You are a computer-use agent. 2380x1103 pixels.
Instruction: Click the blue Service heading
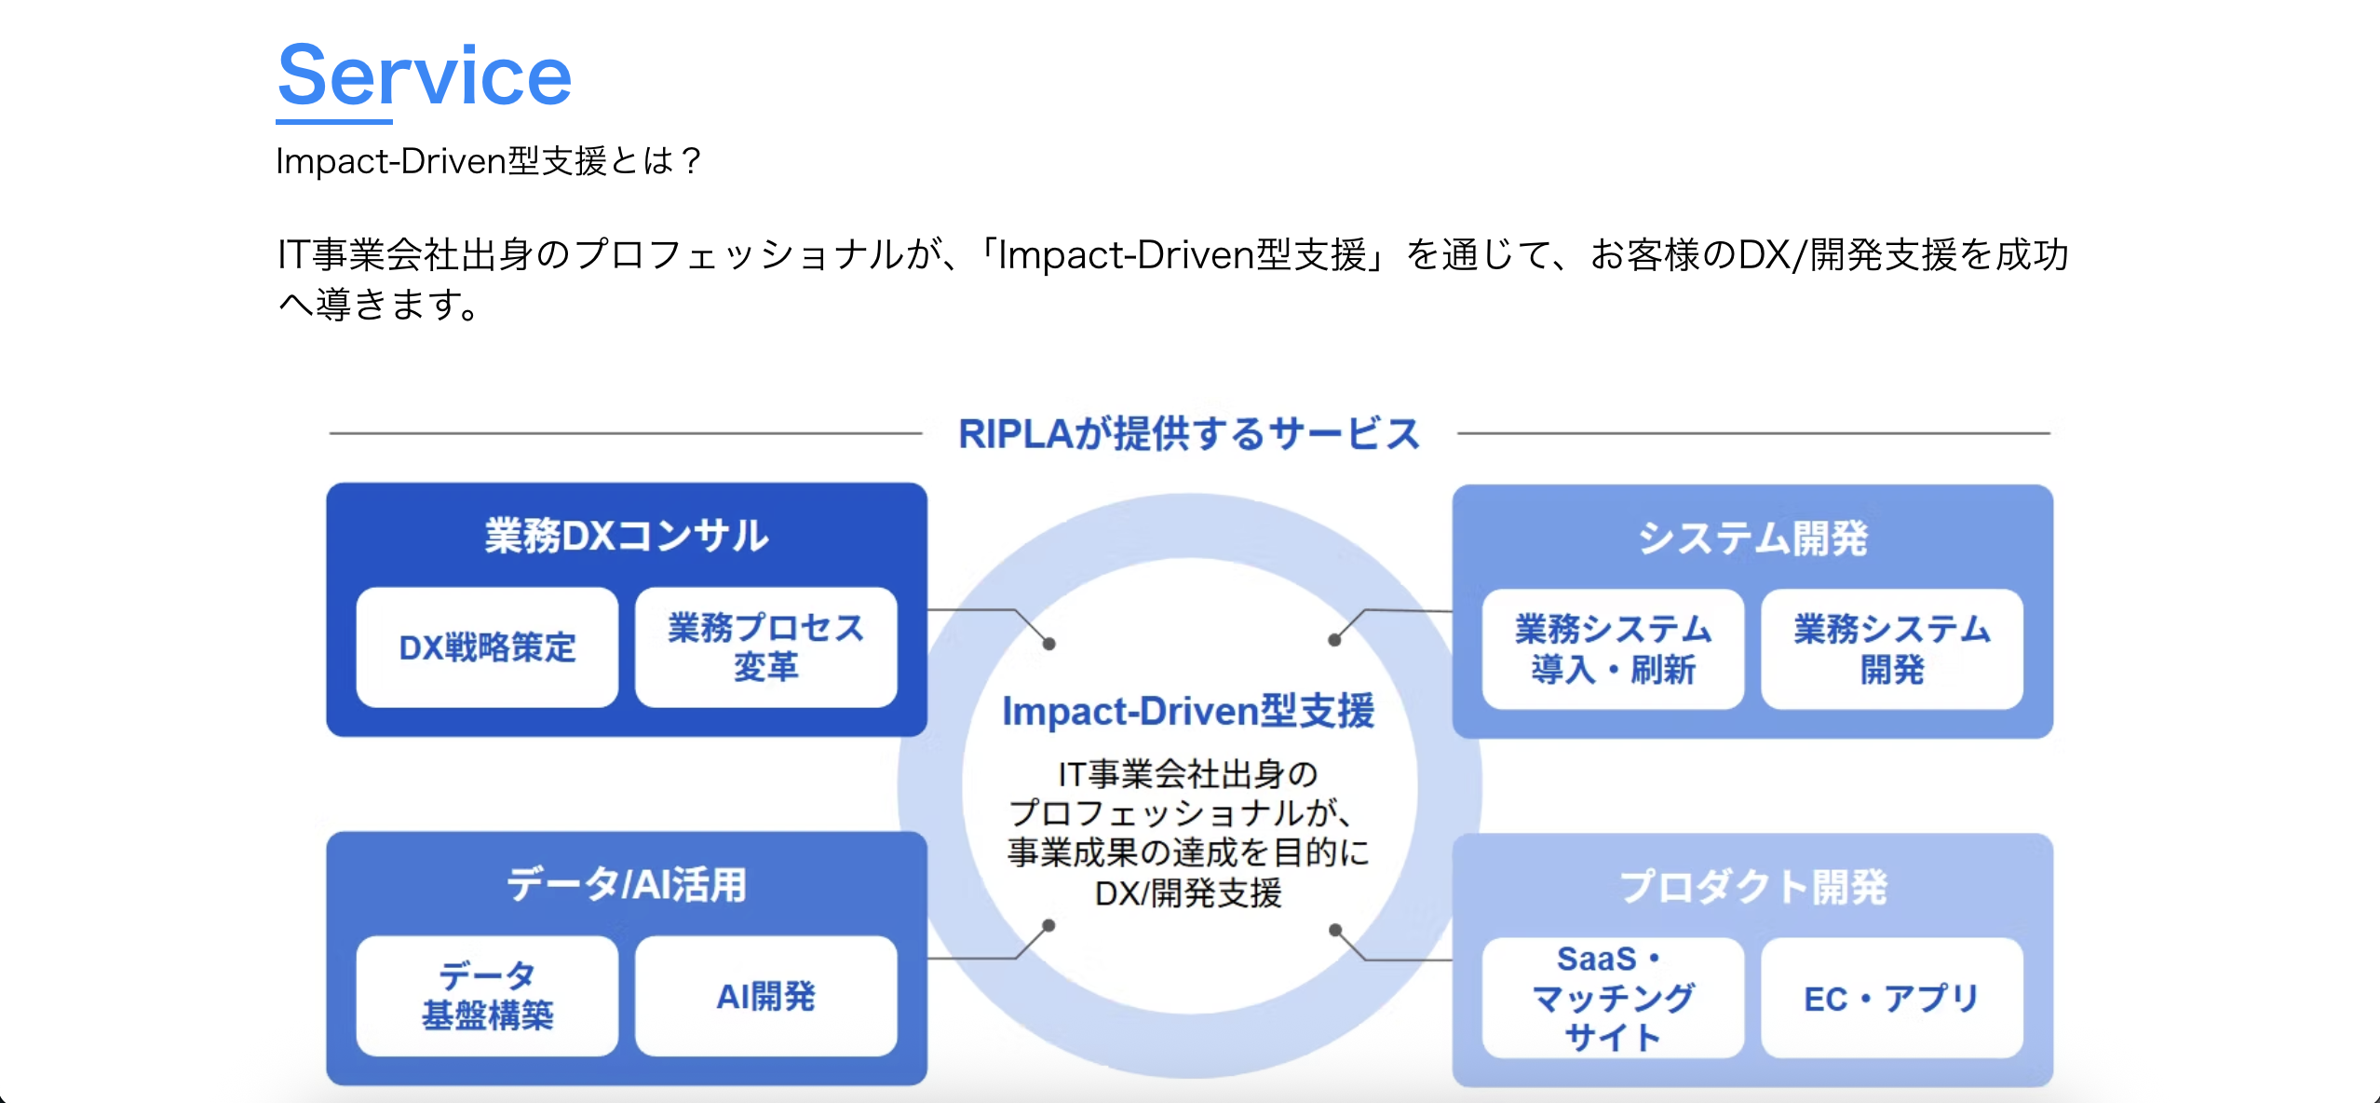coord(425,76)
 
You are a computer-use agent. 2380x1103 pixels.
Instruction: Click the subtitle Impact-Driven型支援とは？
coord(488,161)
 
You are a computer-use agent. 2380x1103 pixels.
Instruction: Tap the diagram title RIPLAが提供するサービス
coord(1189,434)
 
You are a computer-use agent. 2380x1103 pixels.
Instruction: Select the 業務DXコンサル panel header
coord(627,536)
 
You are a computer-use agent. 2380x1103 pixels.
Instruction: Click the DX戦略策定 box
coord(487,647)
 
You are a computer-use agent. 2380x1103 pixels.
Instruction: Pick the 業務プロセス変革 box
coord(765,647)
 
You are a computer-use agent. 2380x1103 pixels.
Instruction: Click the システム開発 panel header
coord(1752,538)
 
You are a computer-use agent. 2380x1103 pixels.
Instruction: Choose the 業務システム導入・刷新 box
coord(1613,649)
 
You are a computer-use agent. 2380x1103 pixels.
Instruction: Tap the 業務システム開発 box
coord(1891,649)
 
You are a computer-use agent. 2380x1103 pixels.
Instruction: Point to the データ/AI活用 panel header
coord(627,885)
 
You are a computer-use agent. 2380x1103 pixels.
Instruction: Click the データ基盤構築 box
coord(487,996)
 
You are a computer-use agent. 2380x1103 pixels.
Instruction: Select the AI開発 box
coord(765,996)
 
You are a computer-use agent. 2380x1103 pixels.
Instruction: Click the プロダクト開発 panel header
coord(1752,887)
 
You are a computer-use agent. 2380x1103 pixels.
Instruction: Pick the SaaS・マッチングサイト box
coord(1613,998)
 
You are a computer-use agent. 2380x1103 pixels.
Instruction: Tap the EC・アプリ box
coord(1891,998)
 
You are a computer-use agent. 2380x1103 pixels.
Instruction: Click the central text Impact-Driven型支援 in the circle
coord(1188,711)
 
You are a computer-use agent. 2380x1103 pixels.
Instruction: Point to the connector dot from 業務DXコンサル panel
coord(1048,644)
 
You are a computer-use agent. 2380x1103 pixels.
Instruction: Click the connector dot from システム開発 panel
coord(1334,640)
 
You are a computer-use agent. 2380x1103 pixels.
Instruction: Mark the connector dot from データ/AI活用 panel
coord(1048,925)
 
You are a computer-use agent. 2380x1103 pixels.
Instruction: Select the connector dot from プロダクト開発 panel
coord(1335,930)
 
